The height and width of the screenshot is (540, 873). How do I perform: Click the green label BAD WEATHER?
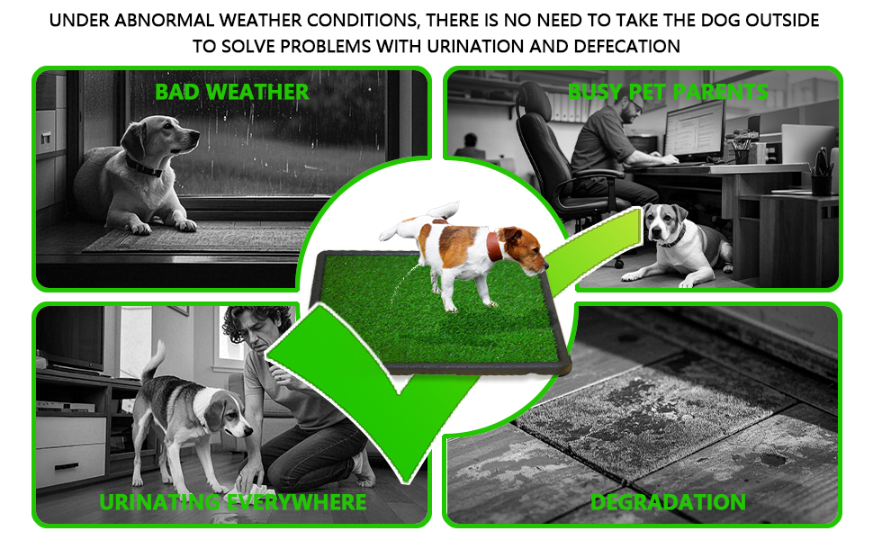click(x=231, y=92)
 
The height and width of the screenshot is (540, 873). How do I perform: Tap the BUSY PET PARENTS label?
click(x=668, y=91)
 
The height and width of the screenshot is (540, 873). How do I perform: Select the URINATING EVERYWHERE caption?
click(x=233, y=502)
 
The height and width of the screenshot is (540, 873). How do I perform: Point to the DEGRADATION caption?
click(x=668, y=502)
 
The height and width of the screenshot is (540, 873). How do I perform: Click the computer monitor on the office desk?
click(x=694, y=130)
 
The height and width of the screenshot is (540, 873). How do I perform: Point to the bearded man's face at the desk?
click(x=632, y=109)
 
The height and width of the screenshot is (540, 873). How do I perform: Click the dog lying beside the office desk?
click(x=675, y=244)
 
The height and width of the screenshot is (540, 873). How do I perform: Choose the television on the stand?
click(x=69, y=337)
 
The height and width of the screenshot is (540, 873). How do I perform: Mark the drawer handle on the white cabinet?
click(x=67, y=466)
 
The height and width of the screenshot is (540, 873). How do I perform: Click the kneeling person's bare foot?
click(x=364, y=468)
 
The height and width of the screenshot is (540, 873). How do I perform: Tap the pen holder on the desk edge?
click(x=821, y=184)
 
